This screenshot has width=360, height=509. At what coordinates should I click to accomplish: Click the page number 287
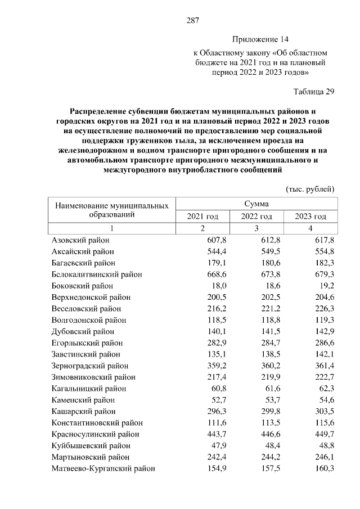tap(193, 21)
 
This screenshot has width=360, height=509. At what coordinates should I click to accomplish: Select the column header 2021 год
tap(202, 217)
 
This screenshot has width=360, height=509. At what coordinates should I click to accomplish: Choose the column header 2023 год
tap(310, 217)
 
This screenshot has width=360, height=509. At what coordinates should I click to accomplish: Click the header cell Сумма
tap(256, 204)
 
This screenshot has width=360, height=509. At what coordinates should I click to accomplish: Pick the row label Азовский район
tap(80, 240)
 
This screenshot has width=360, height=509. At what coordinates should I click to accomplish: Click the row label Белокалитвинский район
tap(97, 274)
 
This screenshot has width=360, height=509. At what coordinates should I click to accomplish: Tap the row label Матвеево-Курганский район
tap(103, 468)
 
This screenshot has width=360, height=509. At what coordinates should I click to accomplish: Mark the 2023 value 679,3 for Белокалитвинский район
tap(324, 274)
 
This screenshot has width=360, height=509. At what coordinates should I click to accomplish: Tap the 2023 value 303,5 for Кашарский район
tap(324, 411)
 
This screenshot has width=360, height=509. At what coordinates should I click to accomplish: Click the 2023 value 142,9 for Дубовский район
tap(324, 331)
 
